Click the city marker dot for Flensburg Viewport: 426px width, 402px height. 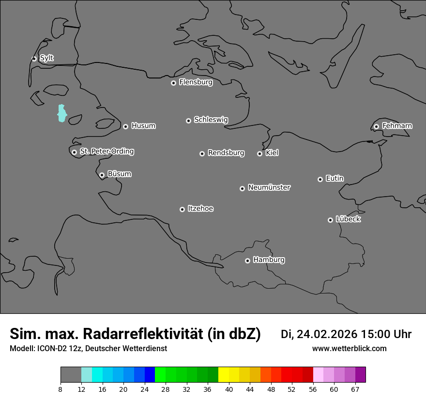click(x=173, y=83)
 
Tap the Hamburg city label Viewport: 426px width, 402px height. click(x=269, y=260)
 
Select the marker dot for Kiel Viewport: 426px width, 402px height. click(x=259, y=154)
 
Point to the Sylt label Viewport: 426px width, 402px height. click(x=46, y=58)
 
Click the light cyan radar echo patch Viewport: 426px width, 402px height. click(x=61, y=113)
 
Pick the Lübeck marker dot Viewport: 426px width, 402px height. click(x=330, y=220)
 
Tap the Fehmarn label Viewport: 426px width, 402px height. click(x=397, y=126)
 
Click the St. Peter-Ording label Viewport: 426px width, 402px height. click(x=106, y=152)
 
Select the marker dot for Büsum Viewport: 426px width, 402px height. click(x=102, y=175)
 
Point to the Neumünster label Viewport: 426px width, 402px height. click(x=269, y=187)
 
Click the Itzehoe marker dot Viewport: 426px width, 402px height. click(x=182, y=209)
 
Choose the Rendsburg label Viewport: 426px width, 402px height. click(x=226, y=153)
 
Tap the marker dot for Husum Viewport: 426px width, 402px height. click(x=125, y=126)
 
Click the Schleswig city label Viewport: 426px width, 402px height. click(x=211, y=120)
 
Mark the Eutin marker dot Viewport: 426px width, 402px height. click(x=320, y=179)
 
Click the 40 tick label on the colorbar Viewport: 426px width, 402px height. click(x=229, y=389)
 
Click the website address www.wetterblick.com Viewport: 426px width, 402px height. click(x=349, y=349)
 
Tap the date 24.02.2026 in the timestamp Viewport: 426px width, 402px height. click(x=327, y=334)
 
